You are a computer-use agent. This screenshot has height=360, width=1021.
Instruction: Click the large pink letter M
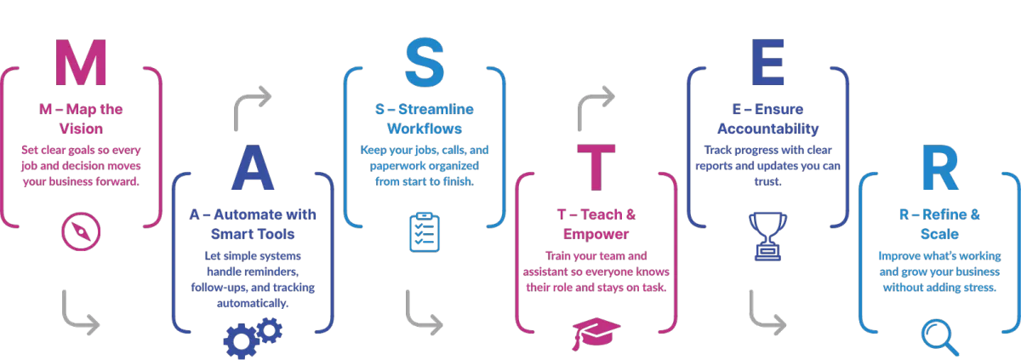(x=81, y=62)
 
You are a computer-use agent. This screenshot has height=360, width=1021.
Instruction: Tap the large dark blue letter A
(x=253, y=168)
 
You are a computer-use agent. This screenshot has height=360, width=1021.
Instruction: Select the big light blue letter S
(x=425, y=62)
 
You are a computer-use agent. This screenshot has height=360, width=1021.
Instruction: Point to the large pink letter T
(x=596, y=168)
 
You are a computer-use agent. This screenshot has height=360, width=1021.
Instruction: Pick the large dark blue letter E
(x=768, y=62)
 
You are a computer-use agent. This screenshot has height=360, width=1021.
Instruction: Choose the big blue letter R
(x=940, y=168)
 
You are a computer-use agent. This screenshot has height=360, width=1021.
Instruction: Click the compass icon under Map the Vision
(x=81, y=231)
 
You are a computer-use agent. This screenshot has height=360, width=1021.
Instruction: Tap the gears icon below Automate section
(x=253, y=338)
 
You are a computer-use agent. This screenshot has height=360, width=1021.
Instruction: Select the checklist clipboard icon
(x=425, y=232)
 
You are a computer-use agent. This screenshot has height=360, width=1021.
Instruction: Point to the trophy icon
(x=768, y=236)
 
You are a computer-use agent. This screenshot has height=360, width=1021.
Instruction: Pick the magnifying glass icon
(x=940, y=338)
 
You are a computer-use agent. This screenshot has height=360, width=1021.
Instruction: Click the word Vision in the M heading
(x=81, y=129)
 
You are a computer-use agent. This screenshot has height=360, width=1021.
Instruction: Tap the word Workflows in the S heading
(x=425, y=129)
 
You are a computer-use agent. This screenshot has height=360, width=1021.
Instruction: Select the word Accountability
(x=768, y=129)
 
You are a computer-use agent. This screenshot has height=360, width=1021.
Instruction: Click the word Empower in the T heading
(x=596, y=234)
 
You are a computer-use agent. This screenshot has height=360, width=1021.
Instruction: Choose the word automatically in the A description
(x=253, y=304)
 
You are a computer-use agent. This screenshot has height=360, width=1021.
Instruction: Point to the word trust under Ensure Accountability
(x=767, y=181)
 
